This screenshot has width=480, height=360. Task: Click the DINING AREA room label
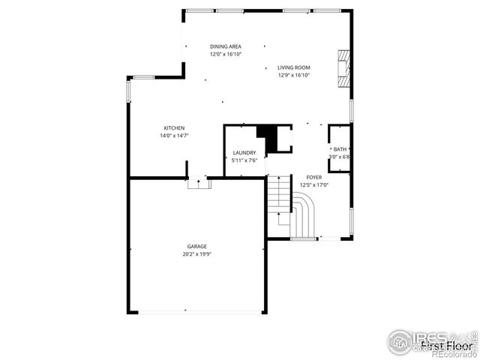(x=225, y=46)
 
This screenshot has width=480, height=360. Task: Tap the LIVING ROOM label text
(x=294, y=67)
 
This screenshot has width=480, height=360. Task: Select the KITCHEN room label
(x=174, y=127)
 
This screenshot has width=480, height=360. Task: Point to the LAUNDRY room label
(x=244, y=152)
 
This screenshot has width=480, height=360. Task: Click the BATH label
(x=340, y=149)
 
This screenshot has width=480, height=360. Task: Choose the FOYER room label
(x=314, y=177)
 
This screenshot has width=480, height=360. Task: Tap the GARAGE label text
(x=197, y=246)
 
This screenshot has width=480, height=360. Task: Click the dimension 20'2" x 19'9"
(x=197, y=254)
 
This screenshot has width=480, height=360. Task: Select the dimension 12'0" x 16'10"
(x=225, y=54)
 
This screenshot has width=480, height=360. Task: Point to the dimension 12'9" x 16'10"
(x=294, y=75)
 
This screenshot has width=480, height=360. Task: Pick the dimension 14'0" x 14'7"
(x=174, y=136)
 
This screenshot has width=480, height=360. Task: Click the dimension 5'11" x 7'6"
(x=244, y=160)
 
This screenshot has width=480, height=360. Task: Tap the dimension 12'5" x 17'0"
(x=314, y=184)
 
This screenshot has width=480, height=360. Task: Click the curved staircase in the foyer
(x=304, y=213)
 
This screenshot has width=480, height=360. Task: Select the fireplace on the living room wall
(x=343, y=68)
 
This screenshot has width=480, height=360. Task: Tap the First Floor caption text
(x=445, y=346)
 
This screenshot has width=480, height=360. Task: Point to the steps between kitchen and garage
(x=198, y=183)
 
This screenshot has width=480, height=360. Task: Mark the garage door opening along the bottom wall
(x=197, y=311)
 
